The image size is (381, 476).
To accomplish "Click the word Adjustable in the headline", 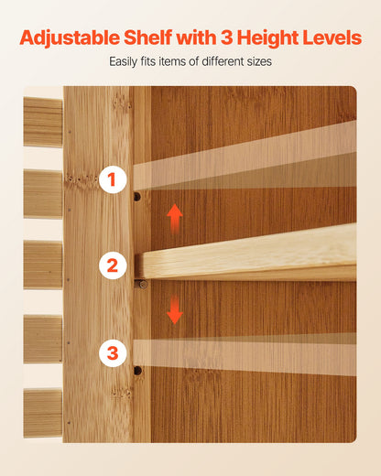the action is (x=70, y=38).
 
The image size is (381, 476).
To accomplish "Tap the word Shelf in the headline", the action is (x=148, y=38).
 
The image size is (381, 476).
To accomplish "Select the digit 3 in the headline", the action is (x=226, y=38).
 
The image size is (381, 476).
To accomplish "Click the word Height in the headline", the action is (x=267, y=38).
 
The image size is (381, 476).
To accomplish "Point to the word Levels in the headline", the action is (x=332, y=38).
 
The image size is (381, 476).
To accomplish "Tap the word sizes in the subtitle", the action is (x=259, y=61).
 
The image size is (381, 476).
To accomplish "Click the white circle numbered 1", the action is (x=113, y=179).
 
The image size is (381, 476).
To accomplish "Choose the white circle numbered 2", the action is (x=113, y=265).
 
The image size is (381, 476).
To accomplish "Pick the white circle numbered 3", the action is (x=113, y=353).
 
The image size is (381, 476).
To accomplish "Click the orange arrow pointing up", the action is (x=175, y=219).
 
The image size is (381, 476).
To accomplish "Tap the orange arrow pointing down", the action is (x=175, y=309).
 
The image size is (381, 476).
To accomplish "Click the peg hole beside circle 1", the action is (x=137, y=197).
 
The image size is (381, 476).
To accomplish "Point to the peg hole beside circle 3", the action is (x=137, y=371).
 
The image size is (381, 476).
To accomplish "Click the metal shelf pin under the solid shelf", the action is (x=142, y=285).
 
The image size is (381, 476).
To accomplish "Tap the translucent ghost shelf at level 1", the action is (x=245, y=162).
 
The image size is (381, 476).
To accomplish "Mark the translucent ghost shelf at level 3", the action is (x=245, y=354).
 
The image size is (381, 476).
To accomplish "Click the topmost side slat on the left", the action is (x=43, y=122).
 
